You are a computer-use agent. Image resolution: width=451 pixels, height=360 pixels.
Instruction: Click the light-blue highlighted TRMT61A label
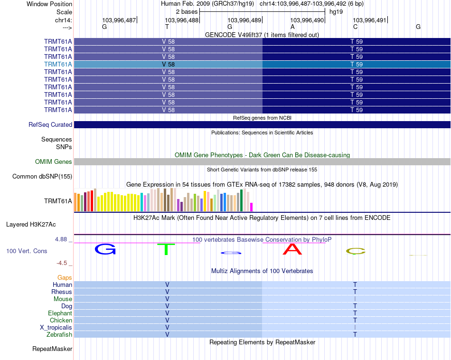pos(58,64)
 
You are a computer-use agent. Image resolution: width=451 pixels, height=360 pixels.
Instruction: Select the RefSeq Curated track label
pos(50,125)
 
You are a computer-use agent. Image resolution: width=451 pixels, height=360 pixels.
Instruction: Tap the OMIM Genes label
pos(54,162)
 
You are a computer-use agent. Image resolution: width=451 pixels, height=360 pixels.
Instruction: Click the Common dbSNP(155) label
pos(42,177)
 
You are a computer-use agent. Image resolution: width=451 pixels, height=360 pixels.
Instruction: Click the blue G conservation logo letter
pos(105,249)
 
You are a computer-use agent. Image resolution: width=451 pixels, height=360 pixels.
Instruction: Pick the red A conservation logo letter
pos(292,249)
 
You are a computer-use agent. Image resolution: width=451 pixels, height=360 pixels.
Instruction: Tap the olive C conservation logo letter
pos(355,251)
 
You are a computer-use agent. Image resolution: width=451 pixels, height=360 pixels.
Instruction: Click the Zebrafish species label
pos(60,335)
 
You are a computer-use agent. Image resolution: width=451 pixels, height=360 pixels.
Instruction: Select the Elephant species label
pos(60,313)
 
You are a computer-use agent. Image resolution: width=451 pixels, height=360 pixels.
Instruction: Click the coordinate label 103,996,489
pos(244,20)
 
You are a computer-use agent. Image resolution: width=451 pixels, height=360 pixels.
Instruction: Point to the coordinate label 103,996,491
pos(370,20)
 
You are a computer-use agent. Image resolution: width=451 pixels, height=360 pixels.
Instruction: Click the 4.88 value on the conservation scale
pos(61,239)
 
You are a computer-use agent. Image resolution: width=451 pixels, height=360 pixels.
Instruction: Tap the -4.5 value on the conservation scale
pos(63,263)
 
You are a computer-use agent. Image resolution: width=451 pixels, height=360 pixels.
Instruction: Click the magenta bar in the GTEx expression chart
pos(252,207)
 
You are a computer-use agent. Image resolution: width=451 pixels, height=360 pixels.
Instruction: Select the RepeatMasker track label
pos(52,349)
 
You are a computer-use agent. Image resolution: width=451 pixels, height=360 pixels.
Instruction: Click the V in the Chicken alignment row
pos(167,321)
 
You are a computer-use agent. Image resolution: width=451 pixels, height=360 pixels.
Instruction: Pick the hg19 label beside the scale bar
pos(336,11)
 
